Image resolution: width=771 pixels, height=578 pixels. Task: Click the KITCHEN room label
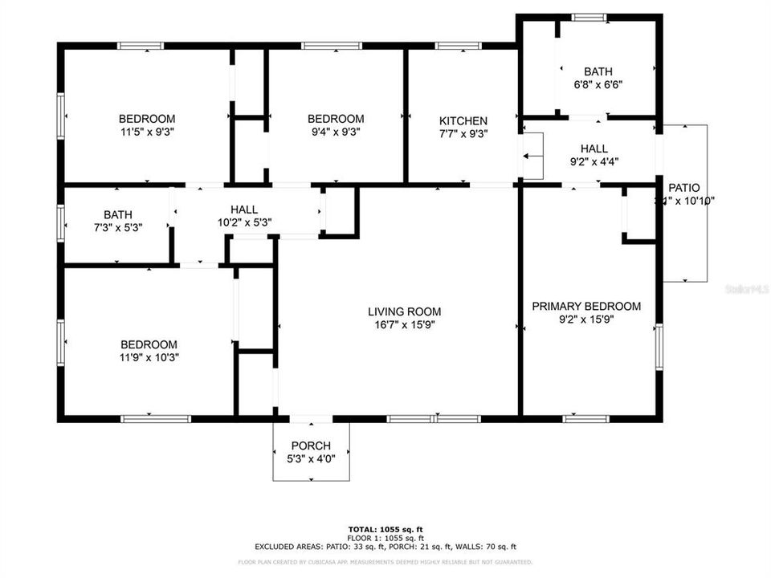(463, 120)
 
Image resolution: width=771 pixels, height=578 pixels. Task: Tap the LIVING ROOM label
(404, 311)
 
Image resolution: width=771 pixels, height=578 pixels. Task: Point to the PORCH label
(311, 446)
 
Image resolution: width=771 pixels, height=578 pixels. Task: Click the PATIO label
(683, 187)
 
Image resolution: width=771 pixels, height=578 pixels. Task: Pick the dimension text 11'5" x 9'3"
(147, 133)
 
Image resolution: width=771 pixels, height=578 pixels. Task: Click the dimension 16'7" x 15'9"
(404, 325)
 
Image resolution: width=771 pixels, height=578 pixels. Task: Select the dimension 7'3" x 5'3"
(117, 228)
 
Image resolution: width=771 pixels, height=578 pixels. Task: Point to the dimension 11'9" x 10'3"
(149, 358)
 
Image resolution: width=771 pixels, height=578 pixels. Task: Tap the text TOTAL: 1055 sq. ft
(385, 529)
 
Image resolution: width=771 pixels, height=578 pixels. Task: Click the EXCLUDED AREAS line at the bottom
(385, 546)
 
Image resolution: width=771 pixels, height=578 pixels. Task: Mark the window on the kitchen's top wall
(458, 46)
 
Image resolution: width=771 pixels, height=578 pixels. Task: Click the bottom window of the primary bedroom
(586, 418)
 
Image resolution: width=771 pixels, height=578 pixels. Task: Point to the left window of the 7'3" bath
(60, 222)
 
